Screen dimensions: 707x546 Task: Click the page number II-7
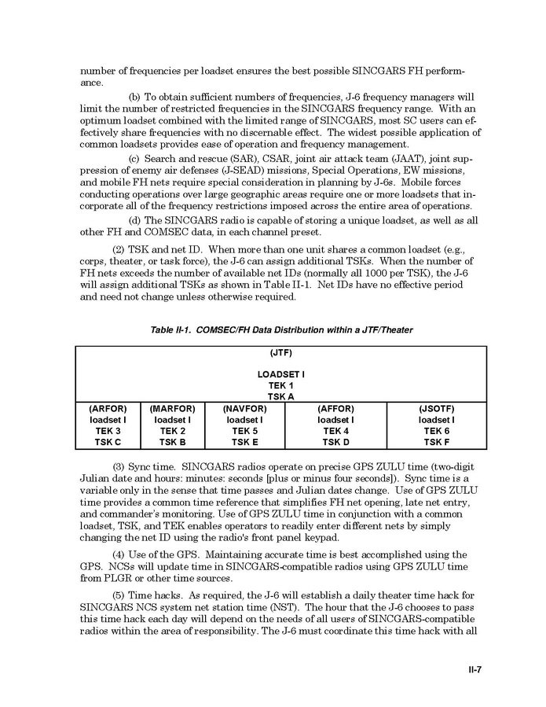pos(471,670)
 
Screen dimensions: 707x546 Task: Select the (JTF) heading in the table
pos(280,352)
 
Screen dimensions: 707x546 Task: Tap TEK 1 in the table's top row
pos(280,385)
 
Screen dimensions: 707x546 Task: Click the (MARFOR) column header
pos(172,409)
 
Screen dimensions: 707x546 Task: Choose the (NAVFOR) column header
pos(244,409)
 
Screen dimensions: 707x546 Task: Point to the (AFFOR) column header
pos(335,409)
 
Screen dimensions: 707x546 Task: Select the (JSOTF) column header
pos(436,409)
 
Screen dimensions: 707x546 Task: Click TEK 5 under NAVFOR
pos(244,431)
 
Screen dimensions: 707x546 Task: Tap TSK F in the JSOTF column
pos(436,442)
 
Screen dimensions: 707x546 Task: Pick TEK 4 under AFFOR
pos(335,431)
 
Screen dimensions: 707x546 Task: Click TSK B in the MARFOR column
pos(172,442)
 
